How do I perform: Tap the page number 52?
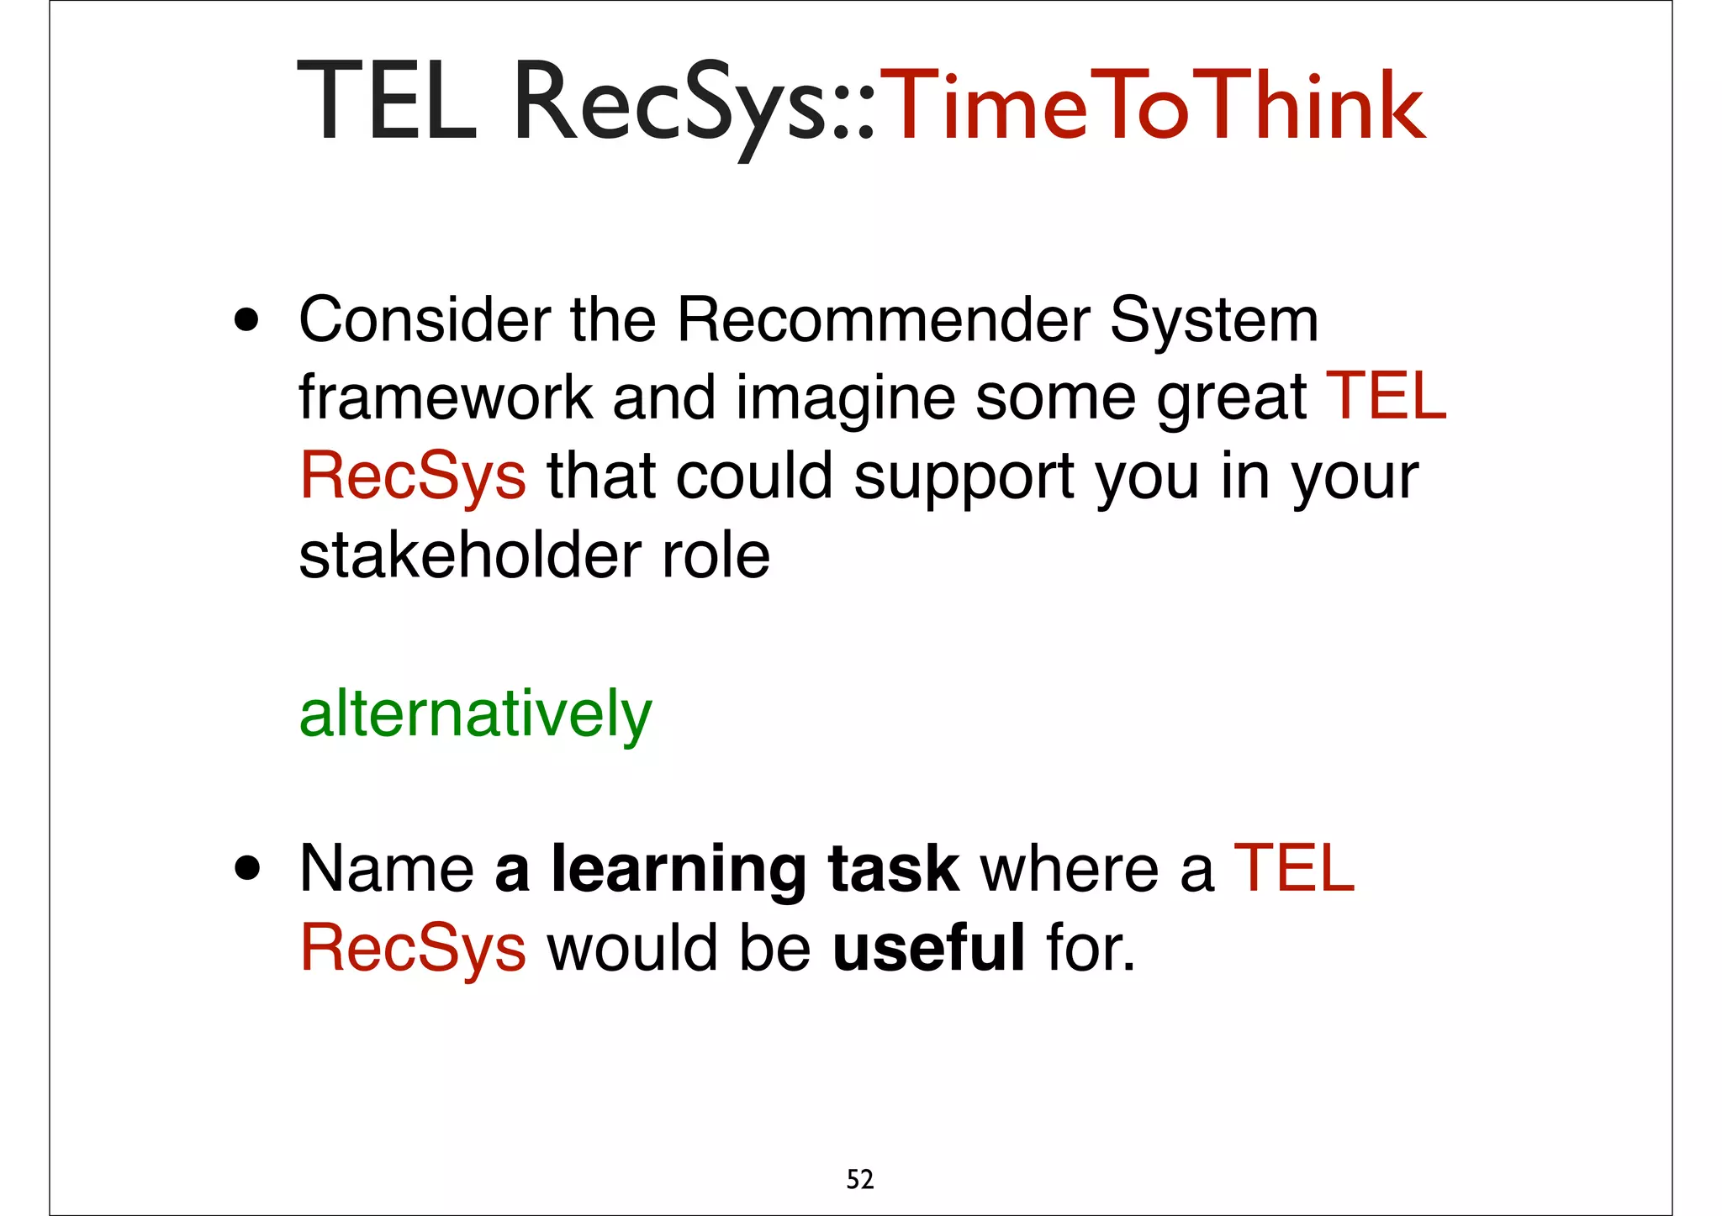click(x=859, y=1180)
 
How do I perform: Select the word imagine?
click(x=845, y=397)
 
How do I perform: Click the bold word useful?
click(x=928, y=947)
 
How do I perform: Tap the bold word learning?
click(x=679, y=870)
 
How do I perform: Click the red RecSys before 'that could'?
click(x=413, y=476)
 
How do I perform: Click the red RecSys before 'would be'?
click(x=413, y=947)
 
